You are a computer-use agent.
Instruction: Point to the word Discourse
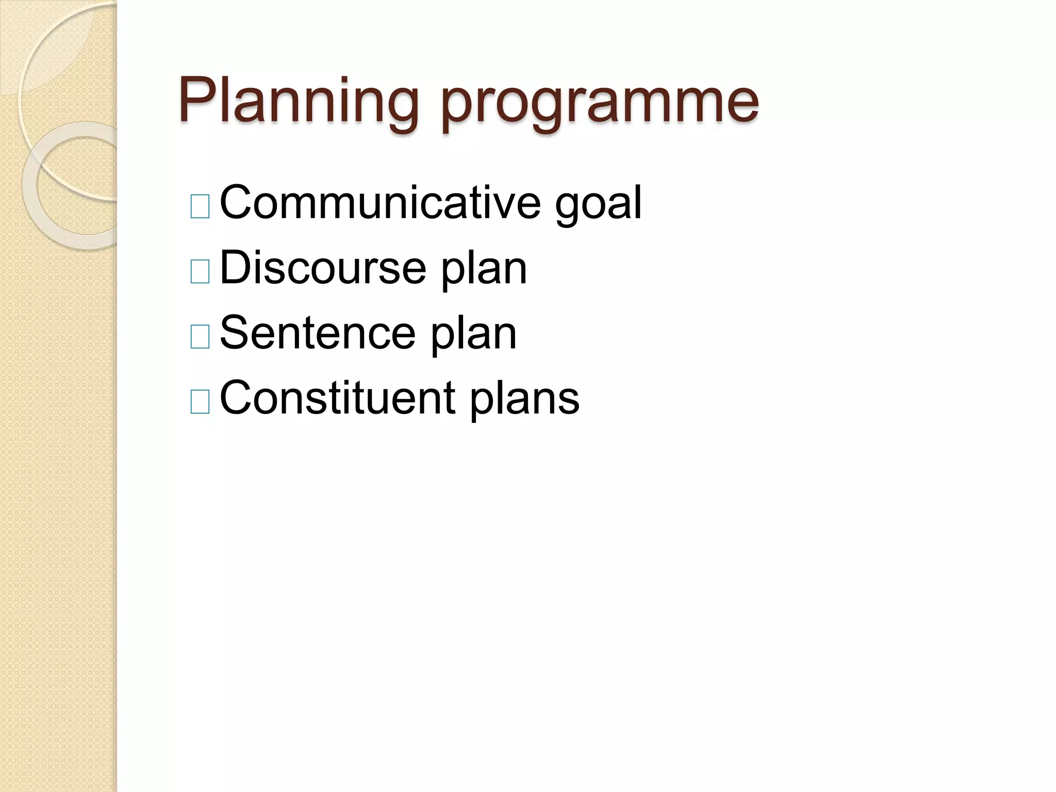tap(323, 268)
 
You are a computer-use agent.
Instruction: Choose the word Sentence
tap(318, 333)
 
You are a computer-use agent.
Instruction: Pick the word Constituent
tap(338, 398)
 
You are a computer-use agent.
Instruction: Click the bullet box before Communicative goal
tap(200, 206)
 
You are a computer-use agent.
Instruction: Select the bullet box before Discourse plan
tap(200, 271)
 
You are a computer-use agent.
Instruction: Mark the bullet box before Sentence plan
tap(200, 337)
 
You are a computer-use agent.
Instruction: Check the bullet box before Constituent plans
tap(200, 402)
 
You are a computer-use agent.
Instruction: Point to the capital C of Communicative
tap(237, 202)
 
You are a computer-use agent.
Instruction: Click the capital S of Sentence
tap(235, 333)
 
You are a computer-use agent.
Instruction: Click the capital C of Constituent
tap(237, 398)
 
